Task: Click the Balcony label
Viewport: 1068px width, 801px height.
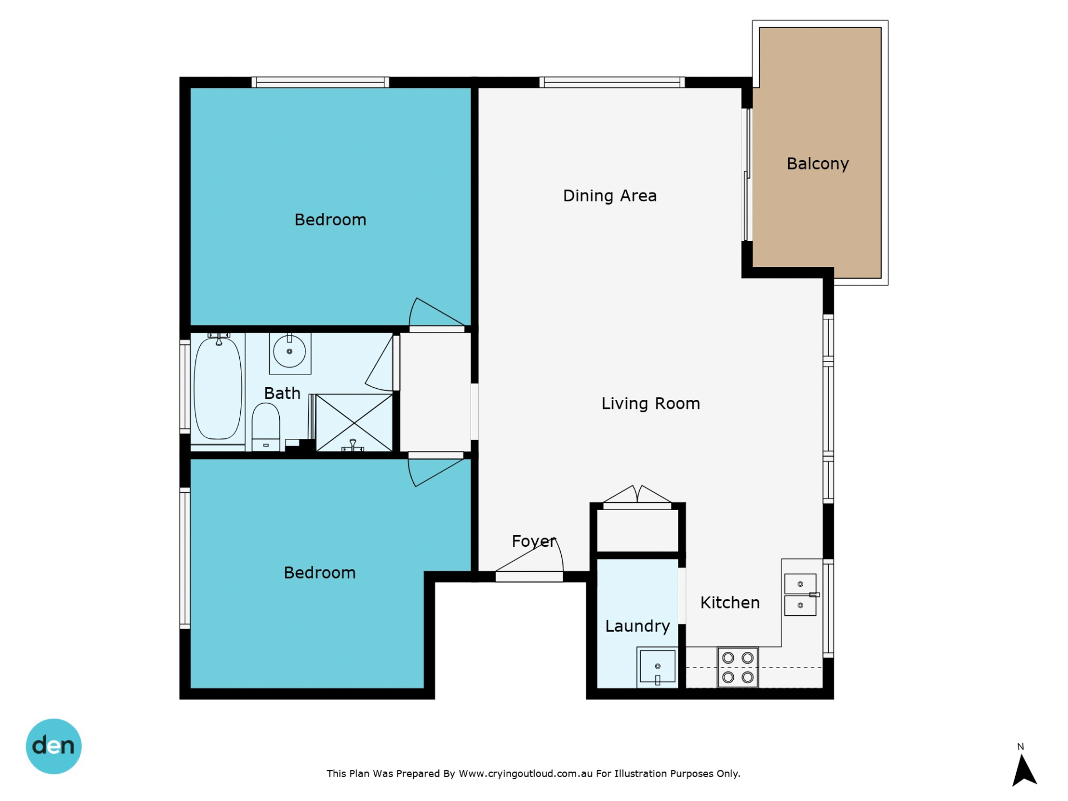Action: click(x=818, y=164)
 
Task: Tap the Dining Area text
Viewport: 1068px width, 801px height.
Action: click(x=610, y=196)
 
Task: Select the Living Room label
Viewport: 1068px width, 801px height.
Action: click(x=651, y=403)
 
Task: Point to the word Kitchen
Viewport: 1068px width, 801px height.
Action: click(x=730, y=602)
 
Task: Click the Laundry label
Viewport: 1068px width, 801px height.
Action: click(x=637, y=626)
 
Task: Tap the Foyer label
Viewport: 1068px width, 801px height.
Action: click(x=533, y=541)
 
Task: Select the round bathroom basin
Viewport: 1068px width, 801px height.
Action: click(x=289, y=352)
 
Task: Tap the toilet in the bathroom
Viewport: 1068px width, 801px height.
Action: click(x=266, y=427)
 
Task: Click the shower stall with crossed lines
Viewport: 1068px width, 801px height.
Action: click(x=354, y=422)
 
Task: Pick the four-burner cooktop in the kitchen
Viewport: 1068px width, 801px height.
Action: click(x=738, y=667)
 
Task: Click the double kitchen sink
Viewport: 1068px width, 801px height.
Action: click(x=800, y=595)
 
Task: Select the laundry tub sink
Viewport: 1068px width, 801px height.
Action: click(x=657, y=666)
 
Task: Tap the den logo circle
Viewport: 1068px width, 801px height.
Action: click(x=54, y=746)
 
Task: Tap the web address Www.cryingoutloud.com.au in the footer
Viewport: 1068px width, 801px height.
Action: click(x=526, y=774)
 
